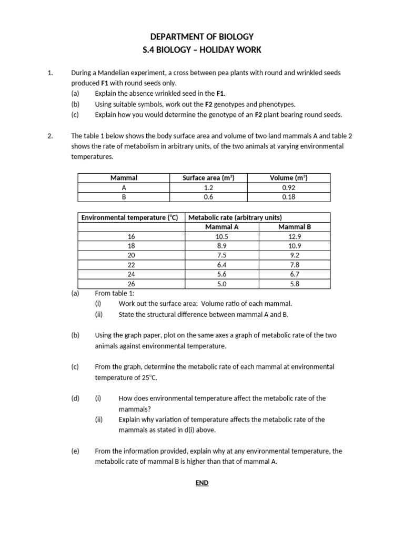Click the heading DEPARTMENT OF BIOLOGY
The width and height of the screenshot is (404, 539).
point(202,36)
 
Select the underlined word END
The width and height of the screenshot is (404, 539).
point(202,483)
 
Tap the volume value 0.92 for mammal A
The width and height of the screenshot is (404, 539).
point(288,187)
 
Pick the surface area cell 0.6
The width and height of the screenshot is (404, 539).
point(208,197)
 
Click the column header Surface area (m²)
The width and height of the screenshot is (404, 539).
point(208,178)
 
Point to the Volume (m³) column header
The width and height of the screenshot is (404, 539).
point(288,178)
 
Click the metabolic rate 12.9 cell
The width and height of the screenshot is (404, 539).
point(294,236)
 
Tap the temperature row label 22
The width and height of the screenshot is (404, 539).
point(132,265)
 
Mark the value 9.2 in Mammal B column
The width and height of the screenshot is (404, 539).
point(294,255)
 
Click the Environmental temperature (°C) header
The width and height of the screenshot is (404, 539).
point(129,217)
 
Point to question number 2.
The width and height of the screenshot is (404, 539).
point(50,136)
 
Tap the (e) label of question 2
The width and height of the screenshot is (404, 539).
point(75,451)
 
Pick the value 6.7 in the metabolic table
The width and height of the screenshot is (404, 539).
point(294,274)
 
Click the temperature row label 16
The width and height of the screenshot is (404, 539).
point(132,236)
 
